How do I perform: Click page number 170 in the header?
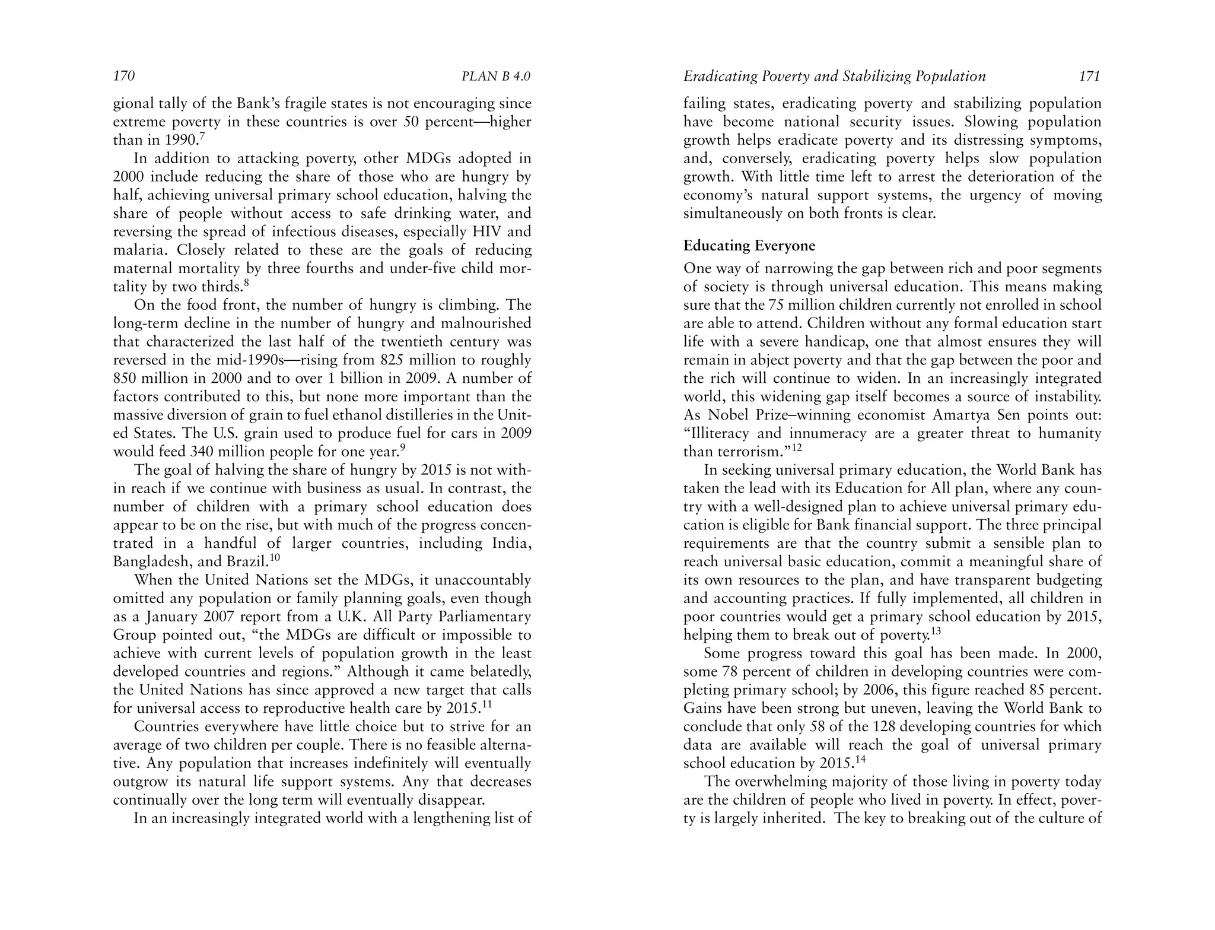tap(124, 77)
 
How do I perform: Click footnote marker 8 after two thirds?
tap(246, 283)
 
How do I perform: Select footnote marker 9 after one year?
tap(403, 448)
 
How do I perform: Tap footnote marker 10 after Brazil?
tap(275, 558)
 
